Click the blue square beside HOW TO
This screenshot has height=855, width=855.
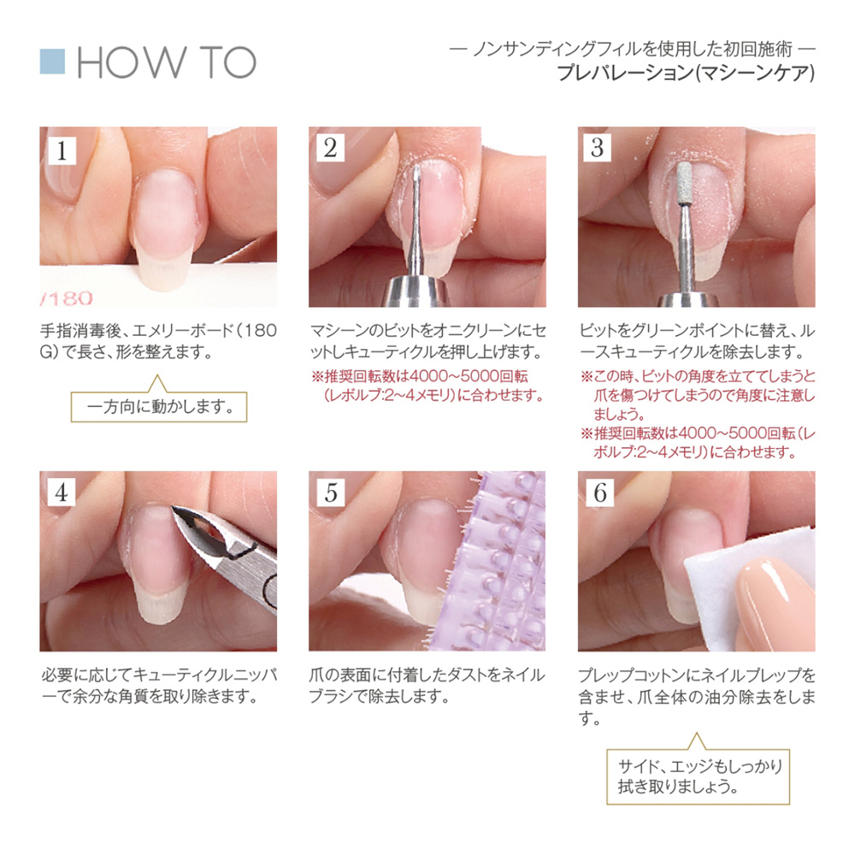point(53,62)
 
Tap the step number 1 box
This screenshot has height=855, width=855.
point(62,149)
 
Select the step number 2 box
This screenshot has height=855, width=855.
point(331,149)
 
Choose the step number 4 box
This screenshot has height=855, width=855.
point(62,492)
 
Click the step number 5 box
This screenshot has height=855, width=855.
point(331,492)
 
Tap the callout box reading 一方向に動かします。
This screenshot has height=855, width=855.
point(157,405)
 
